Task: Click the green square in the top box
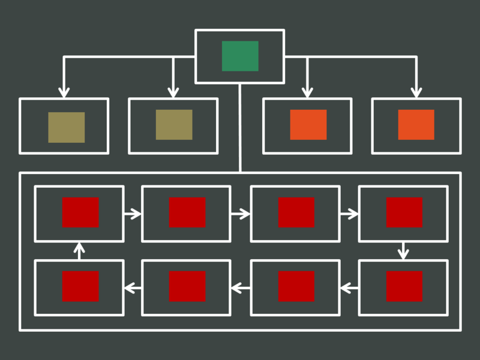(240, 56)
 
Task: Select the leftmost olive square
(66, 127)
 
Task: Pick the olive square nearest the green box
(174, 125)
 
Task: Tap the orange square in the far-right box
(416, 125)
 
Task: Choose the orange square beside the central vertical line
(308, 125)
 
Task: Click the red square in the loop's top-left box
(80, 212)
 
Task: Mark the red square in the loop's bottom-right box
(404, 286)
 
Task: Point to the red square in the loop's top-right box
(404, 212)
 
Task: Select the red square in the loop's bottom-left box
(80, 286)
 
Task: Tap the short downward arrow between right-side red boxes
(403, 251)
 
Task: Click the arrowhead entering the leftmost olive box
(64, 92)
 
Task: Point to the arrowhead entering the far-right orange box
(416, 92)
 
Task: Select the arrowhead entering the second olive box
(173, 92)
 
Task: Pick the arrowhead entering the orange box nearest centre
(307, 92)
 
